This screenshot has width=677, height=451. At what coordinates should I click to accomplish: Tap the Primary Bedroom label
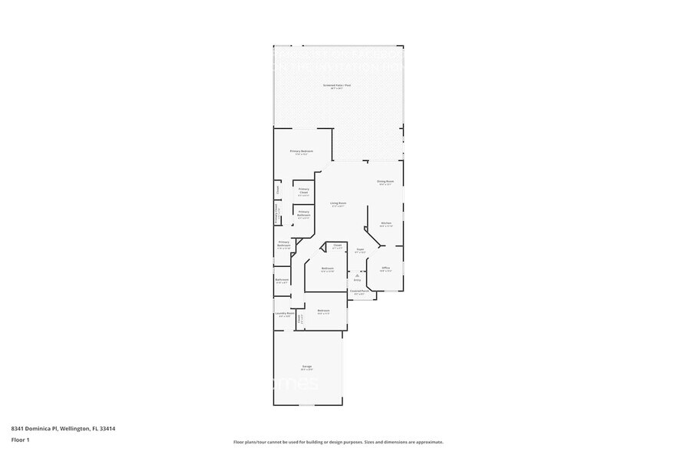301,151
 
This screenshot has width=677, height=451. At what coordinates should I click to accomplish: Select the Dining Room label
385,181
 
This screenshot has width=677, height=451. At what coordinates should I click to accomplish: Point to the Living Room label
338,203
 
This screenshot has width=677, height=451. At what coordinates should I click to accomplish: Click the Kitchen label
386,222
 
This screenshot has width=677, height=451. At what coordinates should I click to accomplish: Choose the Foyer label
359,249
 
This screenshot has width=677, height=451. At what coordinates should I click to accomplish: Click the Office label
385,268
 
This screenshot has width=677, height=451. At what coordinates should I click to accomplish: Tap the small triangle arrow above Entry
357,275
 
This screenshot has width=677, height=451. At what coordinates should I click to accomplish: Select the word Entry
357,280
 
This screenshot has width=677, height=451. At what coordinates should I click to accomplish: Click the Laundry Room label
282,314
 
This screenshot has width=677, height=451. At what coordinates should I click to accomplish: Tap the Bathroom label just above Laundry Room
282,279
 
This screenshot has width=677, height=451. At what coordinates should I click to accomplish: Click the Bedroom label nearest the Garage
323,310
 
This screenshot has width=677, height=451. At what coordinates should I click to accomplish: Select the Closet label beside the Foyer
336,245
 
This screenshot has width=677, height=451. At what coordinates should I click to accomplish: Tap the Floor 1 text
20,440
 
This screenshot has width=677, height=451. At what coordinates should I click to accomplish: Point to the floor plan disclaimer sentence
338,442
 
